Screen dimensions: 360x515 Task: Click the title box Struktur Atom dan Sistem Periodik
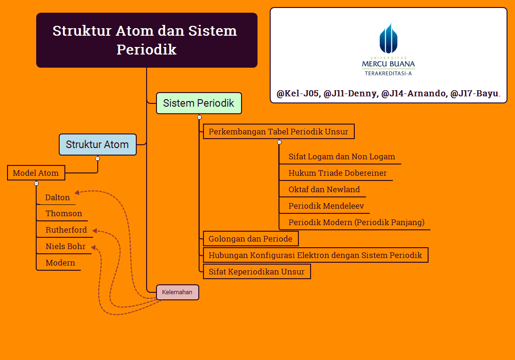[x=147, y=40]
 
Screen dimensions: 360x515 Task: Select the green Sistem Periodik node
[x=199, y=103]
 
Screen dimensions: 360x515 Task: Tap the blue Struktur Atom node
[x=97, y=145]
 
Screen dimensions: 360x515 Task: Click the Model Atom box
[x=36, y=173]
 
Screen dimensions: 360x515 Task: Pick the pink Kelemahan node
[x=177, y=292]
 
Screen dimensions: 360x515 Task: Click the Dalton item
[x=57, y=197]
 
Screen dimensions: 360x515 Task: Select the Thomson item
[x=63, y=213]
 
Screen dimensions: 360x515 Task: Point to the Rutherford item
[x=66, y=230]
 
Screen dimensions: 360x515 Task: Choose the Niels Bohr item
[x=65, y=246]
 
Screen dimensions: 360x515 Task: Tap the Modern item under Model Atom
[x=60, y=263]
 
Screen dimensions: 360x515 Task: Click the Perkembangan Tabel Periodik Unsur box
[x=278, y=132]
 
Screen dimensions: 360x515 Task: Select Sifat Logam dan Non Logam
[x=342, y=157]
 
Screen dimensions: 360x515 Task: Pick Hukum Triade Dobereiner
[x=337, y=173]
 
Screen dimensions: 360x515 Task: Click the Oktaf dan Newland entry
[x=324, y=189]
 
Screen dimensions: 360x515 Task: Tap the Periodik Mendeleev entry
[x=326, y=206]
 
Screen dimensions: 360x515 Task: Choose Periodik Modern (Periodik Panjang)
[x=356, y=222]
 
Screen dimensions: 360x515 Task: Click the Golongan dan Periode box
[x=250, y=239]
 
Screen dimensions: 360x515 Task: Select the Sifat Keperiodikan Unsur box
[x=257, y=272]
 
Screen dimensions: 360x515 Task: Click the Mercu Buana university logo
[x=389, y=49]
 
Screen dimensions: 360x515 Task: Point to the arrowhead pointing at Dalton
[x=77, y=192]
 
